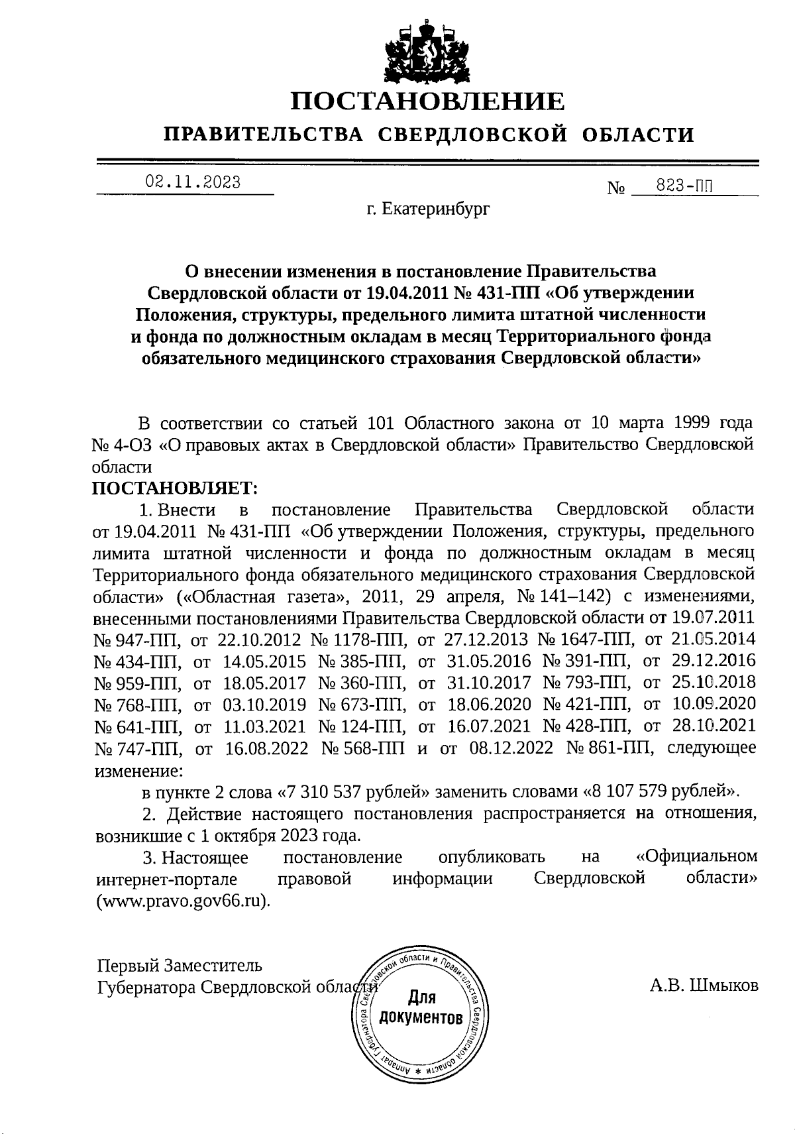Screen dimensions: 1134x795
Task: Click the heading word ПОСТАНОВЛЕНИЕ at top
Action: [429, 101]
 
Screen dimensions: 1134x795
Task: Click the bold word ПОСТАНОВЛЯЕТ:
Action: [174, 488]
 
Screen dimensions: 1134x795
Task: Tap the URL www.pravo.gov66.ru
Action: [184, 902]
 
